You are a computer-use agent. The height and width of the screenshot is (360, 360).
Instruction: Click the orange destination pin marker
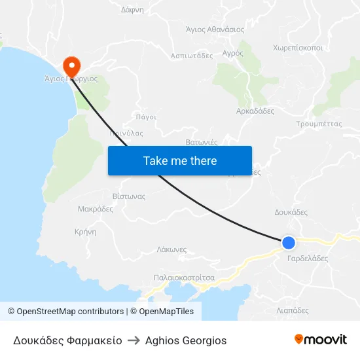point(70,65)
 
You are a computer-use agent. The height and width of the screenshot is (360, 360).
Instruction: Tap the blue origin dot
point(289,243)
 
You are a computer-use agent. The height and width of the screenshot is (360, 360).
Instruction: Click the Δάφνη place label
point(132,10)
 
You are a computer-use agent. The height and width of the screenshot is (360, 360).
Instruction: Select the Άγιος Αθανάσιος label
point(215,29)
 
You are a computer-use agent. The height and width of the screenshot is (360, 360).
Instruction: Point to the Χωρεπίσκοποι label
point(298,48)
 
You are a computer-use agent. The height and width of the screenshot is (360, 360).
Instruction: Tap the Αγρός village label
point(232,52)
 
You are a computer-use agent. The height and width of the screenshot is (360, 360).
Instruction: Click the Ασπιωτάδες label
point(192,56)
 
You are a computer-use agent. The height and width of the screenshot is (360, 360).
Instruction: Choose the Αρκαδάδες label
point(255,111)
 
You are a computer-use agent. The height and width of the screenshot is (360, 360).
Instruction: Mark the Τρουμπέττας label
point(319,123)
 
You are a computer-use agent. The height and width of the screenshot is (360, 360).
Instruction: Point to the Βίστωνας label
point(128,196)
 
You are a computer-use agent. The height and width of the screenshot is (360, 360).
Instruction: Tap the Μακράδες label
point(96,209)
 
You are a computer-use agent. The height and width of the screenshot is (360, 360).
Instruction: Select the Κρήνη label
point(86,232)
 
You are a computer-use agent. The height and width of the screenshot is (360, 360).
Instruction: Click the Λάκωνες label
point(172,249)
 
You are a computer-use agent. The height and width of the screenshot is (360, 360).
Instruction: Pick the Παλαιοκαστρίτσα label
point(184,278)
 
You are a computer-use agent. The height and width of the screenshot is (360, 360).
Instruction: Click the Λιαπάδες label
point(293,311)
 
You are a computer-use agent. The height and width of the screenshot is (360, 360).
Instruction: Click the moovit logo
point(321,340)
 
